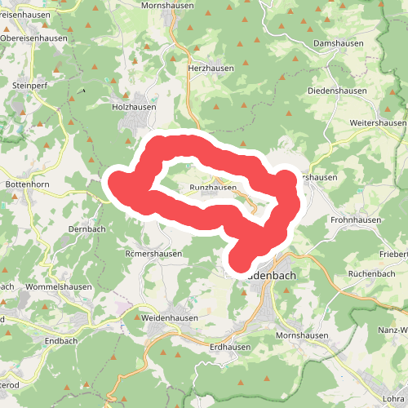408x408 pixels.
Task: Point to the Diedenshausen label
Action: (x=338, y=91)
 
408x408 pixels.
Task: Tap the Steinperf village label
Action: (x=33, y=83)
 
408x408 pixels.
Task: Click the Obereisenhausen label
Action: (x=34, y=38)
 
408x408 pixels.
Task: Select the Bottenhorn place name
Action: (x=29, y=184)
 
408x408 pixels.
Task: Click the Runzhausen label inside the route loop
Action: (x=213, y=188)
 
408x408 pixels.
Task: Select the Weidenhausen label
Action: (x=171, y=317)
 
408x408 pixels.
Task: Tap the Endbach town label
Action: (x=60, y=341)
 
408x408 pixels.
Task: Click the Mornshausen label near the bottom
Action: (x=302, y=335)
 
